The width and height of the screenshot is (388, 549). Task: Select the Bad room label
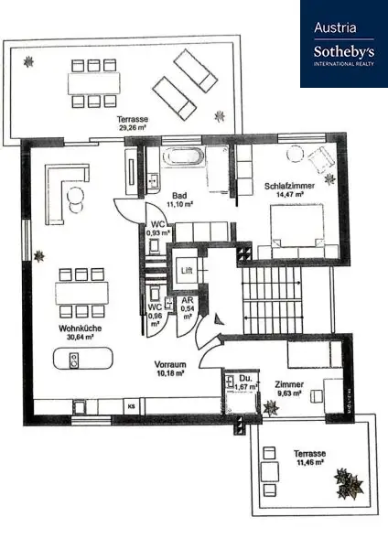coord(180,195)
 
